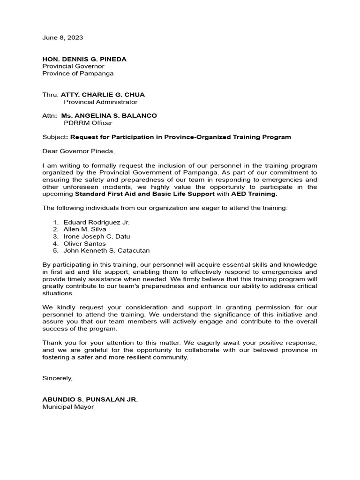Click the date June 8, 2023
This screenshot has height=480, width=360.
point(63,37)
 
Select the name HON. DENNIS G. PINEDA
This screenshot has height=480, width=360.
point(84,59)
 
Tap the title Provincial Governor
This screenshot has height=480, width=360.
point(73,66)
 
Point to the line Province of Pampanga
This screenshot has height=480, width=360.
point(78,73)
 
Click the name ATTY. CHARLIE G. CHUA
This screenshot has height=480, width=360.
point(103,95)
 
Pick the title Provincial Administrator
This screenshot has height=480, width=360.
point(100,102)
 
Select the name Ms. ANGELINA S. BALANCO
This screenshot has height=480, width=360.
point(109,116)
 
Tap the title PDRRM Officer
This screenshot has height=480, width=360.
point(88,123)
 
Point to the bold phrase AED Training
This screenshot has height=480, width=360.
point(254,194)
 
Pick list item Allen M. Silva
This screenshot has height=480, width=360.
point(85,229)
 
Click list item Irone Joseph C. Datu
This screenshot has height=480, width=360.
point(97,236)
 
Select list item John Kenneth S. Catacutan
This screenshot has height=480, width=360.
point(106,251)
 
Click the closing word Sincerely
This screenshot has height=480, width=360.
point(58,378)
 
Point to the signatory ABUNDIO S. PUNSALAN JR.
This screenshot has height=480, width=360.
point(90,399)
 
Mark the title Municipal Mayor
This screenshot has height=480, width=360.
point(68,407)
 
